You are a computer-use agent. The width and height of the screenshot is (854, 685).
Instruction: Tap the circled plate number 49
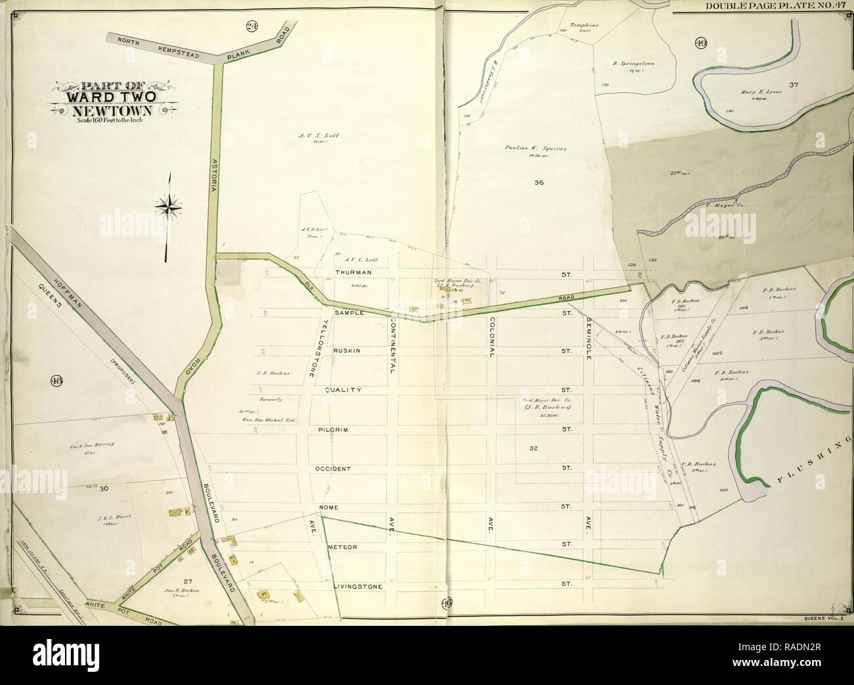(x=701, y=44)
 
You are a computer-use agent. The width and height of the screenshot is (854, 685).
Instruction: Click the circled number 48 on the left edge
(x=55, y=380)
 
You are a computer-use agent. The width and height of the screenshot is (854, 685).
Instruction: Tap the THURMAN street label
(x=353, y=272)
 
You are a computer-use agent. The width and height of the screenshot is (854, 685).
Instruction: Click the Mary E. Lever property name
(x=753, y=93)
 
